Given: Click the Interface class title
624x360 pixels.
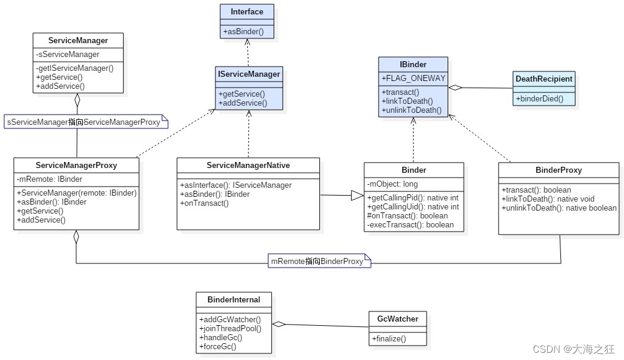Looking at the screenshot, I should (247, 11).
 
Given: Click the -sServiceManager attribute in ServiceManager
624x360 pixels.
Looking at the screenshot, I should (68, 55).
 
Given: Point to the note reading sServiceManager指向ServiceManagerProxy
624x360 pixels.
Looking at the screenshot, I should (83, 122).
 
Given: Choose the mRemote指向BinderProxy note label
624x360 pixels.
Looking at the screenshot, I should (317, 261).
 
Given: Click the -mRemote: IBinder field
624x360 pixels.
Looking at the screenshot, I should (50, 179).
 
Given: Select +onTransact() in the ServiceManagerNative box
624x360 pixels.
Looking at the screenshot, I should (204, 203).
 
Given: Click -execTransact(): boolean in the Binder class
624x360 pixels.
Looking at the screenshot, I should (410, 225).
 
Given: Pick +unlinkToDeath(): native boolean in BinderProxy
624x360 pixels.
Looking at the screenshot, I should (559, 208).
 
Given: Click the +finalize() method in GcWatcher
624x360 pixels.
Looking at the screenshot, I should (389, 339).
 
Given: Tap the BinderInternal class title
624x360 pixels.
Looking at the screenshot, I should (233, 299).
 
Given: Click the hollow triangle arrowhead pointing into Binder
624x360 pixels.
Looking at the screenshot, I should (357, 196).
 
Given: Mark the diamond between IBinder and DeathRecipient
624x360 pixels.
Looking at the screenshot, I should (455, 88).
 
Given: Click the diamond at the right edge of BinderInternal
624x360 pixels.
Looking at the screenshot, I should (278, 325).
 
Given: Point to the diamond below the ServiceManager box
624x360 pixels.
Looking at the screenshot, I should (77, 100).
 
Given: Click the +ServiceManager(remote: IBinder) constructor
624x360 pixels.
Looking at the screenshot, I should (77, 193).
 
